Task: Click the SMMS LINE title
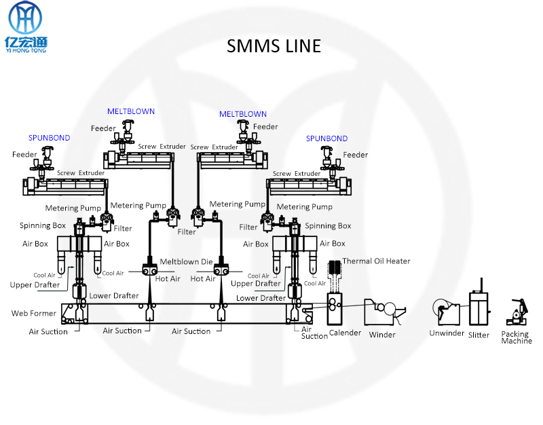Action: pyautogui.click(x=274, y=46)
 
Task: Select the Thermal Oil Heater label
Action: pyautogui.click(x=376, y=261)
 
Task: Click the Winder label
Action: pyautogui.click(x=382, y=335)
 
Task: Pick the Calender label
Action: pyautogui.click(x=345, y=333)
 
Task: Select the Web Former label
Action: pyautogui.click(x=34, y=314)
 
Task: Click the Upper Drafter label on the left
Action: pyautogui.click(x=35, y=285)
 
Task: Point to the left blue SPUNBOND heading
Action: pyautogui.click(x=49, y=138)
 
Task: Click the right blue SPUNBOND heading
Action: pyautogui.click(x=326, y=138)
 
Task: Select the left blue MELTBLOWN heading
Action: pyautogui.click(x=131, y=111)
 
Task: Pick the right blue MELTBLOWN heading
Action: pyautogui.click(x=243, y=114)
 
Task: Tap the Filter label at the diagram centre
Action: pyautogui.click(x=187, y=232)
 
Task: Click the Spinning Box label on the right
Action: pyautogui.click(x=328, y=226)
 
